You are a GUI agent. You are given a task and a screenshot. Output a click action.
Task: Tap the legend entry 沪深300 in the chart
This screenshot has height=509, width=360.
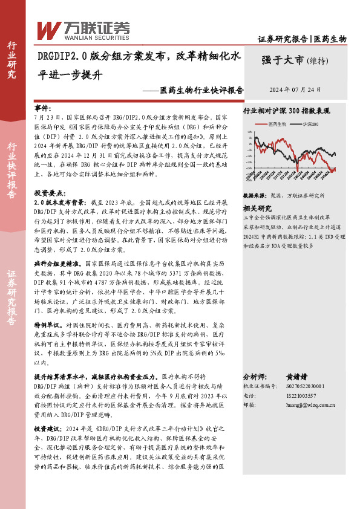(310, 124)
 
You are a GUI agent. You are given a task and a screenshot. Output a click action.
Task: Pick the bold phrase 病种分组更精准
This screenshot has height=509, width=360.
(58, 264)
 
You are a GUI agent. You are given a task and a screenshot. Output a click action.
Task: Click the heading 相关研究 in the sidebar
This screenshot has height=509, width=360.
(257, 207)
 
